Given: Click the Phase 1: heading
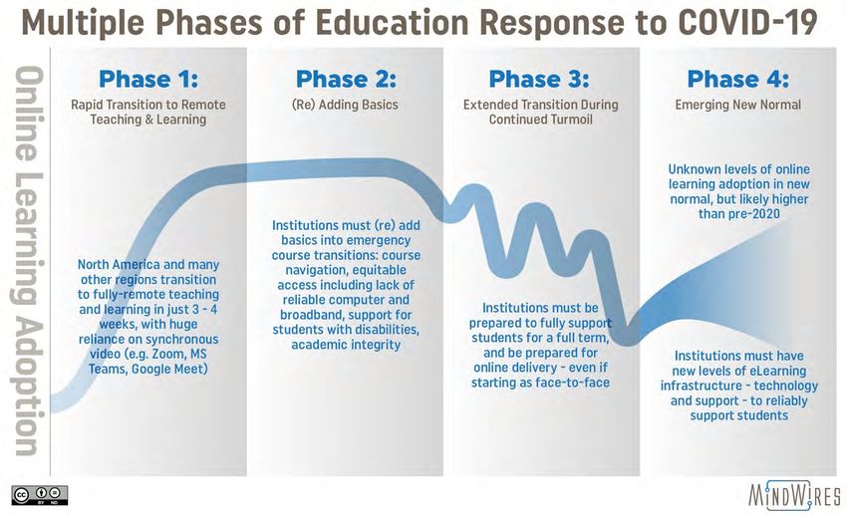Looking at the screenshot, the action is [x=148, y=80].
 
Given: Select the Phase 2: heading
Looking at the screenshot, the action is [x=346, y=80].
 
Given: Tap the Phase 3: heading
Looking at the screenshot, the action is [x=539, y=80].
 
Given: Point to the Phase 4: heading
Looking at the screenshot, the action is [x=737, y=80].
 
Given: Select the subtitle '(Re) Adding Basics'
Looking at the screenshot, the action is [x=345, y=105].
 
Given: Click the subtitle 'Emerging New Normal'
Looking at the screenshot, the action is [x=737, y=105].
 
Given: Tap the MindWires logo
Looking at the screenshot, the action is [x=794, y=495].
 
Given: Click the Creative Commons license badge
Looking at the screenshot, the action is [x=40, y=495].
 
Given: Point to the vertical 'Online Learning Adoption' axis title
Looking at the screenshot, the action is [x=27, y=261].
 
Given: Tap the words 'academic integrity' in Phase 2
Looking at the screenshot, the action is [x=346, y=345].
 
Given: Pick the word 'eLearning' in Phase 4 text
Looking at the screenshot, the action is [x=778, y=371].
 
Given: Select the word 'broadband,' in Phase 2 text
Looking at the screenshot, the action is [x=311, y=315].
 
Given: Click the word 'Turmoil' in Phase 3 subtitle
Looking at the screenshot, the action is [x=567, y=120].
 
